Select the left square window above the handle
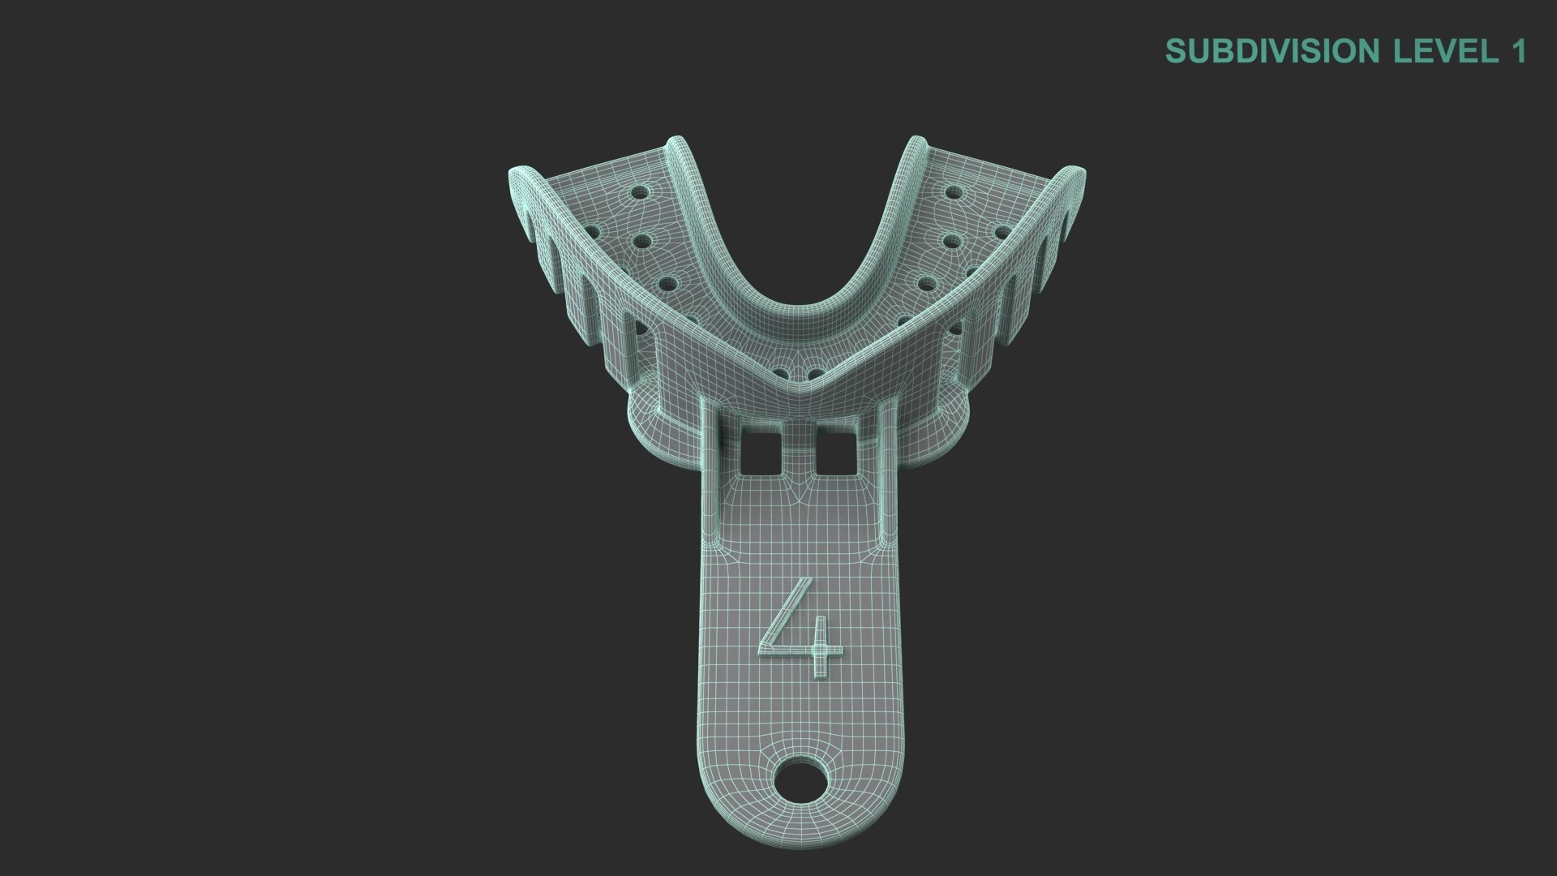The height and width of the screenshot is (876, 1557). pyautogui.click(x=761, y=451)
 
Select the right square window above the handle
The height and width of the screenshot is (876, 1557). pyautogui.click(x=836, y=451)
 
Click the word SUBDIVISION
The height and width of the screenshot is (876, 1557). pyautogui.click(x=1272, y=51)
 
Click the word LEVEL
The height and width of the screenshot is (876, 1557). pyautogui.click(x=1446, y=51)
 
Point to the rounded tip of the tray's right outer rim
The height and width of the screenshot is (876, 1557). pyautogui.click(x=1078, y=174)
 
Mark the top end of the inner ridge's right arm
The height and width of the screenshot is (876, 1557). pyautogui.click(x=916, y=144)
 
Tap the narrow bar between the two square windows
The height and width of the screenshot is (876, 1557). pyautogui.click(x=799, y=451)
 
